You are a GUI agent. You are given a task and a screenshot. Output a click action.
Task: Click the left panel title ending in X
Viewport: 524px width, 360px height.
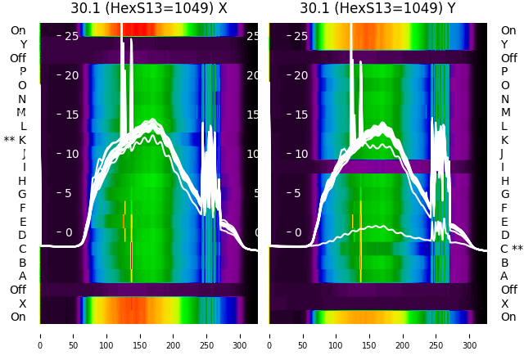[148, 9]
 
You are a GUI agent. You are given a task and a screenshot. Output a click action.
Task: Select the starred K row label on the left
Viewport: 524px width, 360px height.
[16, 140]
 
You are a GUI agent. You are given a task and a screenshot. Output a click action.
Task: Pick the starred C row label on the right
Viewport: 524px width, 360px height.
[511, 249]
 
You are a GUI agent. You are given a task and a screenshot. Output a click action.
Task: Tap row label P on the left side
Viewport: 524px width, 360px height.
[22, 71]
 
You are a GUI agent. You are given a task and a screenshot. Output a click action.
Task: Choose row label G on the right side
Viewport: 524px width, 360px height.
[504, 194]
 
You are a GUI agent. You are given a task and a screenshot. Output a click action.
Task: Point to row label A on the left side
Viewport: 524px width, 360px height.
[22, 276]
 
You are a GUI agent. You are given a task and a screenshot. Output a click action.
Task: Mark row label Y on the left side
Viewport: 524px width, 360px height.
[23, 44]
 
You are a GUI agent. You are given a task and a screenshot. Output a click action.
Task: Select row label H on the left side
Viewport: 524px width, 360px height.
[22, 181]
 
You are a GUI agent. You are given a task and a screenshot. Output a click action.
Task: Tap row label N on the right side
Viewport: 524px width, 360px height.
[504, 99]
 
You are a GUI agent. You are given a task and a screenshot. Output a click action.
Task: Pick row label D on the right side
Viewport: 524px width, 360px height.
[504, 235]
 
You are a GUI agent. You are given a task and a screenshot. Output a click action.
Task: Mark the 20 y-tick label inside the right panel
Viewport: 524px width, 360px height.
[300, 75]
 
